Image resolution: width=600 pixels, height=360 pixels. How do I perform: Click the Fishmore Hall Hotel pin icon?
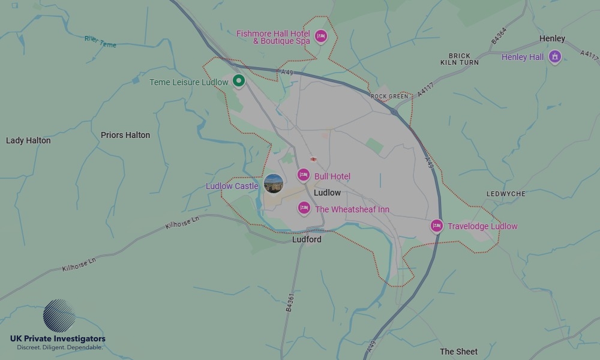pyautogui.click(x=321, y=36)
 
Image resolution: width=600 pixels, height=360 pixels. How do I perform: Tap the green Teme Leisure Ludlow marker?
pyautogui.click(x=239, y=80)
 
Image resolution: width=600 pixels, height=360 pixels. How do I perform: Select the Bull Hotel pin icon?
pyautogui.click(x=304, y=175)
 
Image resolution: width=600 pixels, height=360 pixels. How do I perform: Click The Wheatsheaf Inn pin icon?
pyautogui.click(x=304, y=208)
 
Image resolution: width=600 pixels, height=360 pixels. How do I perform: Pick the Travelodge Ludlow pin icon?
pyautogui.click(x=437, y=226)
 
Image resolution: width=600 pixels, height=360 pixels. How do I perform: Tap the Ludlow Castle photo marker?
pyautogui.click(x=273, y=184)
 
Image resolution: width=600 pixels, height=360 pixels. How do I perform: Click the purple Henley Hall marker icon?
pyautogui.click(x=555, y=57)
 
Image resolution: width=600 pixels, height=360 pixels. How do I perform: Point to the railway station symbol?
pyautogui.click(x=313, y=159)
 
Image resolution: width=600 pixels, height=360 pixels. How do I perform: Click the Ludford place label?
pyautogui.click(x=307, y=239)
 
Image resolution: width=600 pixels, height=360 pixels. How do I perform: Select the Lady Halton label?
pyautogui.click(x=28, y=140)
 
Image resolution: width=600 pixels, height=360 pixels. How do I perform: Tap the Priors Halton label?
pyautogui.click(x=125, y=135)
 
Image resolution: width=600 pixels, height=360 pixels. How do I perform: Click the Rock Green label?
pyautogui.click(x=389, y=96)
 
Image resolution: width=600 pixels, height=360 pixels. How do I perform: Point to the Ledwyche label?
pyautogui.click(x=506, y=194)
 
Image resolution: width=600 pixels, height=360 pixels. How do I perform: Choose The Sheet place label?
pyautogui.click(x=458, y=352)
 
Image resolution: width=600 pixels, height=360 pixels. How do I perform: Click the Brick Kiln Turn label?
pyautogui.click(x=460, y=59)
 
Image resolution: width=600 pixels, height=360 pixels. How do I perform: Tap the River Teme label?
pyautogui.click(x=100, y=41)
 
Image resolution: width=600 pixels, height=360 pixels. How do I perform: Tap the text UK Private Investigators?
pyautogui.click(x=58, y=339)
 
